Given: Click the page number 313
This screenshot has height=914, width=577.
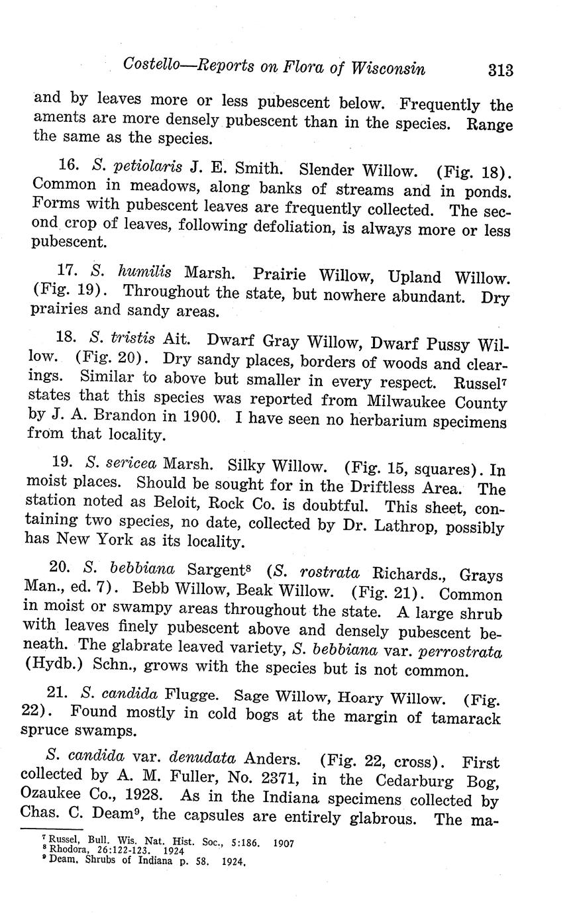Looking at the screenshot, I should click(500, 70).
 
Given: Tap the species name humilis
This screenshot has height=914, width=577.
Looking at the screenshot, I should click(144, 271).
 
